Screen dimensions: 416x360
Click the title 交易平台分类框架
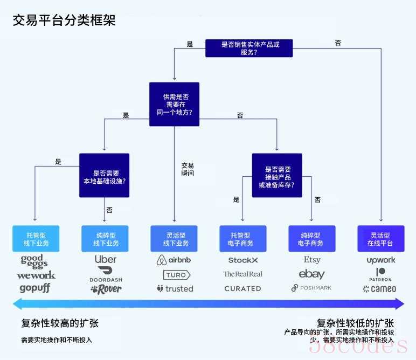point(64,20)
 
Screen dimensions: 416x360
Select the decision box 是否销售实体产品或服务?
point(249,49)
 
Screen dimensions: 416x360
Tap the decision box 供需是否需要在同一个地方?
point(174,104)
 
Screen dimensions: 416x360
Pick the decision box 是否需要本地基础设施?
point(104,175)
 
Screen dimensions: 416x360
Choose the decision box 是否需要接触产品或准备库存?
point(277,175)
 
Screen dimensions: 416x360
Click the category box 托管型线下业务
point(36,239)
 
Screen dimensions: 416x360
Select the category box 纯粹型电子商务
point(312,239)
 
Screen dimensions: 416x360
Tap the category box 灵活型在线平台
point(381,239)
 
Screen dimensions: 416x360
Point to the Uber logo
point(105,259)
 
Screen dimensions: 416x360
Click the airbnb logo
point(174,260)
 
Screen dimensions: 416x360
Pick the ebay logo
point(312,274)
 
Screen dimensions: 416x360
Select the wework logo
point(36,275)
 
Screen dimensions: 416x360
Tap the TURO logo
point(177,275)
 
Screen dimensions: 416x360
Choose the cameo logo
point(379,289)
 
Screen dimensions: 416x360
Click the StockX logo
point(243,260)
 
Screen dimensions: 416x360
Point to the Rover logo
point(106,289)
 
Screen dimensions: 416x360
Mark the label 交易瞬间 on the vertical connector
point(188,170)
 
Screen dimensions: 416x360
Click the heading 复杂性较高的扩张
point(60,323)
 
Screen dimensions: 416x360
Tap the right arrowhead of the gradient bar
point(400,304)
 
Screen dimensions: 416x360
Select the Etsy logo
point(312,260)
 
